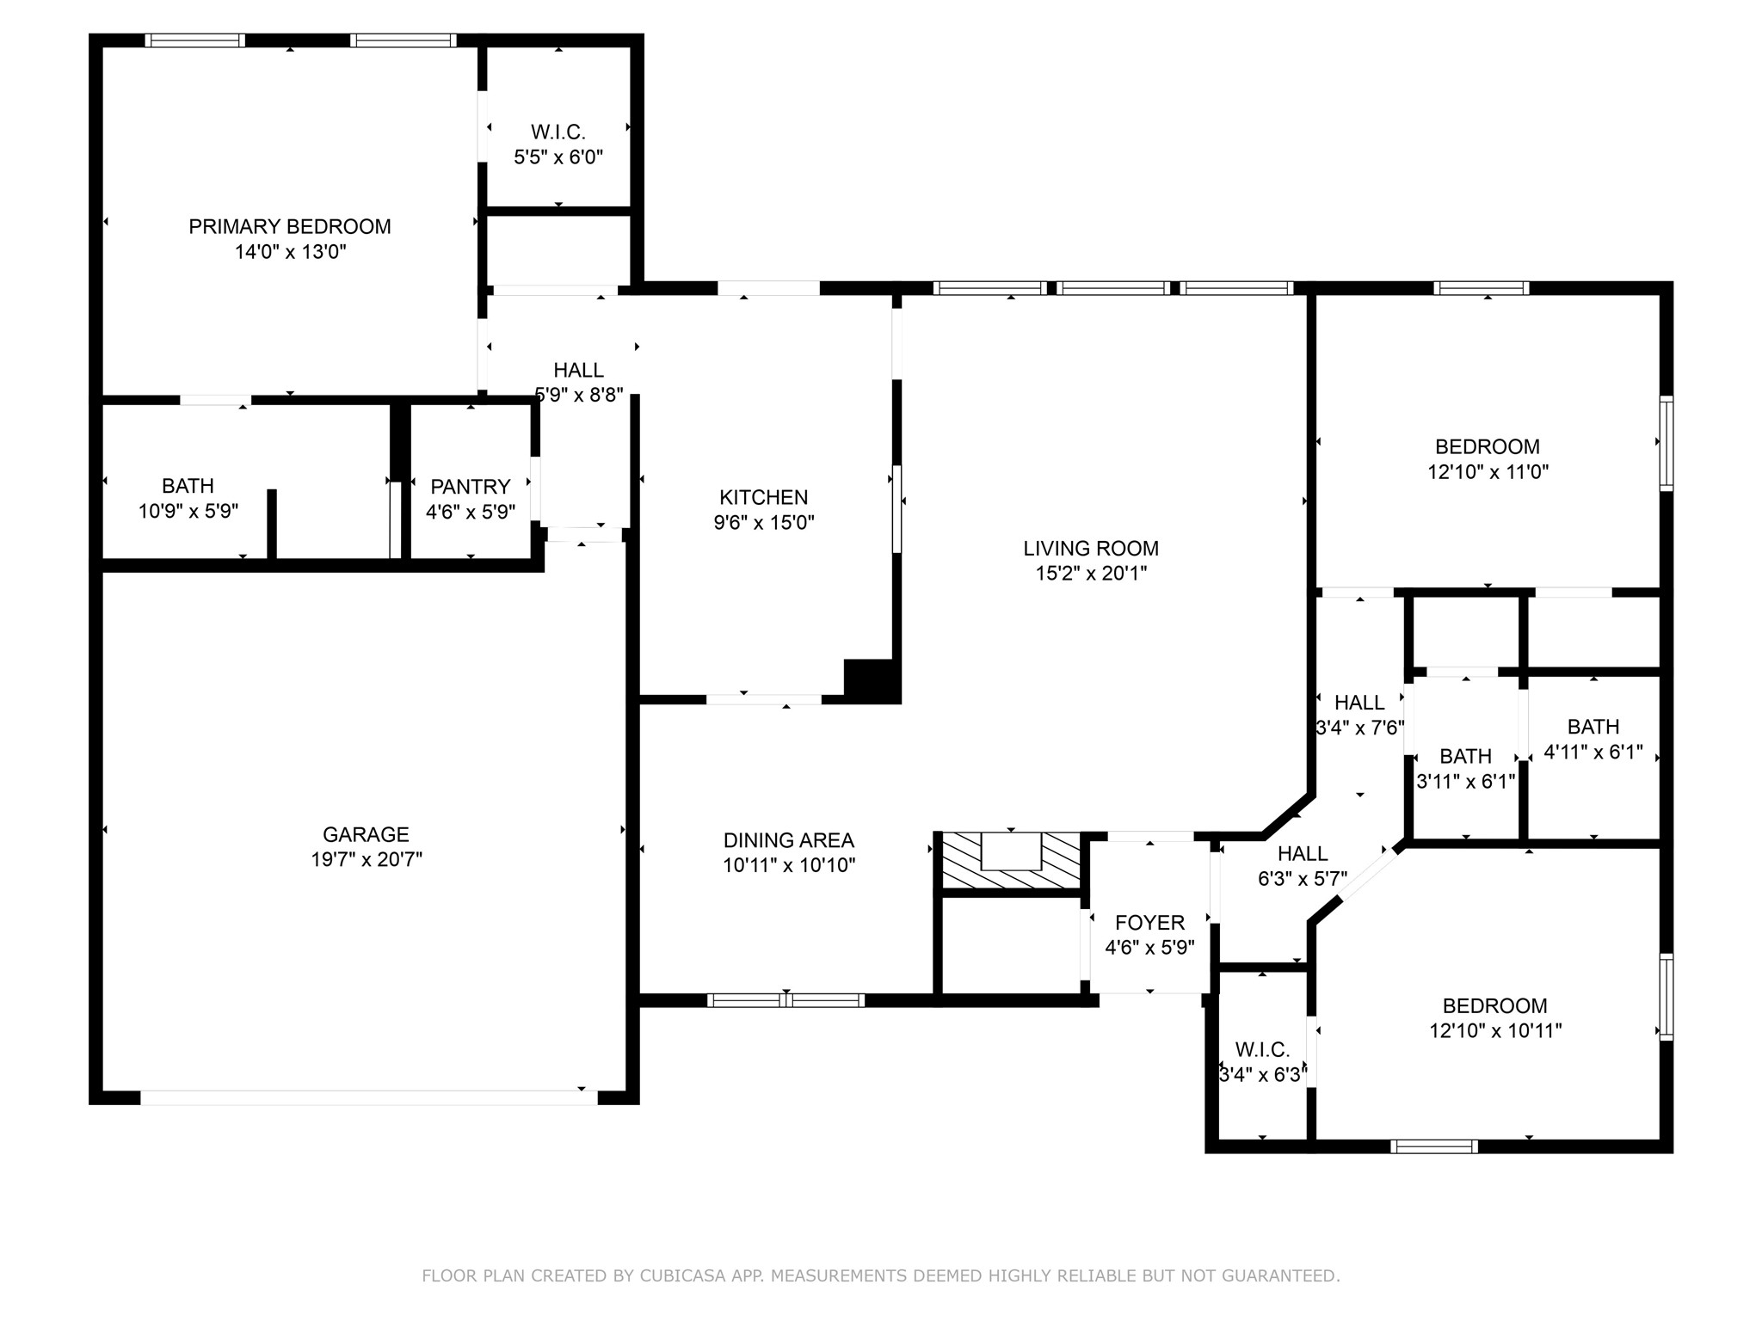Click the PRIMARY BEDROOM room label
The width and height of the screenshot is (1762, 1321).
(x=290, y=227)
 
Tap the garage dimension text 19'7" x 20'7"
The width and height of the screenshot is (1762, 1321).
(x=367, y=859)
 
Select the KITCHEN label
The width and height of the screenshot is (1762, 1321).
(x=764, y=497)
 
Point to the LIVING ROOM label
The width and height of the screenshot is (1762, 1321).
(x=1091, y=549)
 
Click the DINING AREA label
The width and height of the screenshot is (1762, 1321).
(x=789, y=840)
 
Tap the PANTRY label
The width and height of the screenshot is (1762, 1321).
(x=471, y=487)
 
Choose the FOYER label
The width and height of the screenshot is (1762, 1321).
(x=1150, y=923)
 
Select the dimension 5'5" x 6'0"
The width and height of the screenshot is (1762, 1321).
(x=558, y=157)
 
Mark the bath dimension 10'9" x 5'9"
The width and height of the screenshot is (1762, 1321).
(x=188, y=512)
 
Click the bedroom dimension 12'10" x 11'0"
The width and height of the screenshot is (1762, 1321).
(x=1488, y=472)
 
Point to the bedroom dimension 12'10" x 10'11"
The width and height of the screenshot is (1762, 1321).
(x=1496, y=1031)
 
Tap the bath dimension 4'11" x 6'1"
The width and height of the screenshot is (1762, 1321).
(x=1593, y=752)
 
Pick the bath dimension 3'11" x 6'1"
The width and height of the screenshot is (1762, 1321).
(x=1466, y=782)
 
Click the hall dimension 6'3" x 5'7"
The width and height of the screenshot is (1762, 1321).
(x=1303, y=879)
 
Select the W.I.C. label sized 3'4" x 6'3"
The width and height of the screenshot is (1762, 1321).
(x=1263, y=1050)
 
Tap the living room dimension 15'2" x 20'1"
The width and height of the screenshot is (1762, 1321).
(x=1091, y=574)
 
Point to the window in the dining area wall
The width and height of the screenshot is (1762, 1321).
(x=786, y=1000)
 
